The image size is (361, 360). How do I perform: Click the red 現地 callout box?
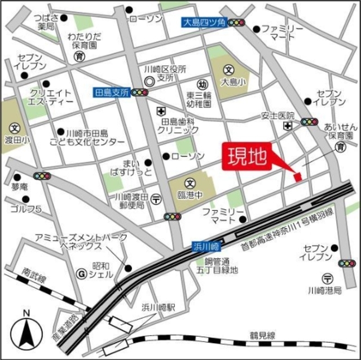click(248, 157)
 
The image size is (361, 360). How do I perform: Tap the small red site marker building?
click(297, 177)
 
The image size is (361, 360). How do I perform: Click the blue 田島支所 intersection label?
click(112, 91)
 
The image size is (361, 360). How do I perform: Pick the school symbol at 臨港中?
click(191, 183)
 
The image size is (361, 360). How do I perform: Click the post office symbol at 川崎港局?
click(328, 277)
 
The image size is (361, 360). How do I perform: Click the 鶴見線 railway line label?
click(262, 336)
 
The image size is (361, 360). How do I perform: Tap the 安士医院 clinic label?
click(278, 116)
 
